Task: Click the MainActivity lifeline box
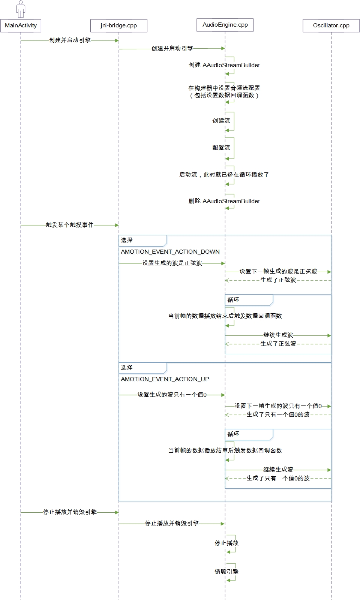21,25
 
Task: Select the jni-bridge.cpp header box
118,25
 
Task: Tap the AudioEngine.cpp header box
225,25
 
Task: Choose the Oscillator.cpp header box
331,25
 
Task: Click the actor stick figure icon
21,9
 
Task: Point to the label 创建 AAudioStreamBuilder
224,65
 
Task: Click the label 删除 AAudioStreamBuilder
224,201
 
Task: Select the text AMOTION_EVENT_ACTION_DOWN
170,252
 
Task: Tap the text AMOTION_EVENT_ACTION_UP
165,379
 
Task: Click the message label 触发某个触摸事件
69,225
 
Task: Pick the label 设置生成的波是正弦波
172,263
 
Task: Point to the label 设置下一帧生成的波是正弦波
278,271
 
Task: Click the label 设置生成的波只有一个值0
172,395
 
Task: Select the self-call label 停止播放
226,543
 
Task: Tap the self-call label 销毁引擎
226,572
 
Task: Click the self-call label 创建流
221,121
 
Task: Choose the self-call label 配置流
221,148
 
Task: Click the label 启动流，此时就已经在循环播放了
224,175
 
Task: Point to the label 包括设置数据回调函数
224,96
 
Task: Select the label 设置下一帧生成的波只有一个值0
278,406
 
